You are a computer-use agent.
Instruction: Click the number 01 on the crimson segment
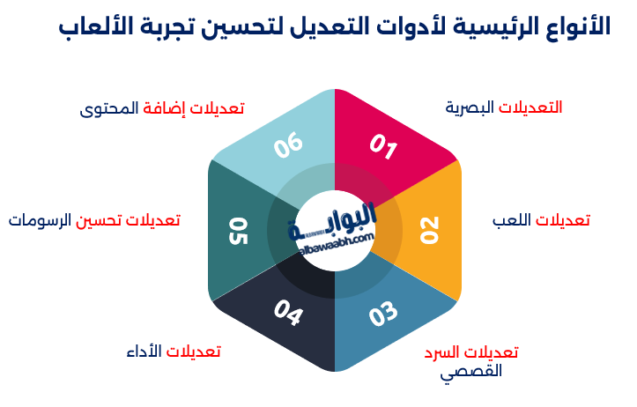[383, 146]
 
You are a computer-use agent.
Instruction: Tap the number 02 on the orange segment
[429, 230]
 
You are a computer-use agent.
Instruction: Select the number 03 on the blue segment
[383, 314]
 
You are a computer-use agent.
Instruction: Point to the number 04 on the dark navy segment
[288, 313]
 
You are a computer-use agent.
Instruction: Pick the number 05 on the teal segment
[238, 231]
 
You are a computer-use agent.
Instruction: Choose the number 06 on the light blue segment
[288, 145]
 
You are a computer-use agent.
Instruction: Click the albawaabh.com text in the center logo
[337, 242]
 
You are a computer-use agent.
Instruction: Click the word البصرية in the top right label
[470, 108]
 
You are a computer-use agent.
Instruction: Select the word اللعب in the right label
[512, 220]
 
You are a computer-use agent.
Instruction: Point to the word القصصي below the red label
[471, 372]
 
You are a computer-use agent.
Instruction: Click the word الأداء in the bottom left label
[144, 351]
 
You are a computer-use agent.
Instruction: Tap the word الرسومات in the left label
[40, 220]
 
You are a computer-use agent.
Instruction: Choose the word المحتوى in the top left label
[109, 109]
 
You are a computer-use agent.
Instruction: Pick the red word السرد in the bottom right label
[442, 351]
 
